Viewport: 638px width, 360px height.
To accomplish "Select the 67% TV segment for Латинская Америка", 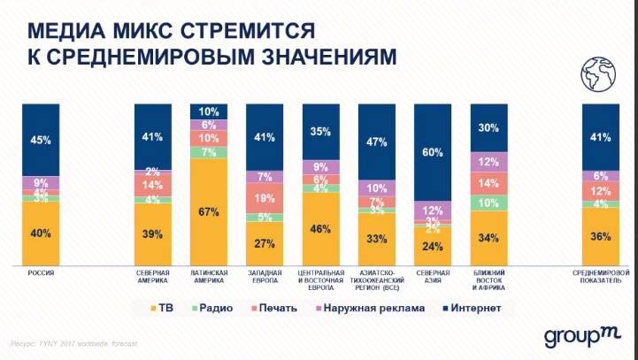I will [210, 212].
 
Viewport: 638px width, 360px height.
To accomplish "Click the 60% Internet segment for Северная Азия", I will [433, 153].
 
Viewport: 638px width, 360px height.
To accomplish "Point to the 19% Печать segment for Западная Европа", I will [265, 198].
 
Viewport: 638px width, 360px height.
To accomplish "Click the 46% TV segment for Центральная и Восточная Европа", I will [321, 228].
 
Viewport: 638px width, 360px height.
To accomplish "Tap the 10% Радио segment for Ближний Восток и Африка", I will [489, 203].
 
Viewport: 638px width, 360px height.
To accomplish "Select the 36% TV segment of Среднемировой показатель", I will [602, 236].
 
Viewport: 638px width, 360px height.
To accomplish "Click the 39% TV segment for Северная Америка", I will [153, 234].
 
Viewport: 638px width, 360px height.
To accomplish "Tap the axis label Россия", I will [41, 273].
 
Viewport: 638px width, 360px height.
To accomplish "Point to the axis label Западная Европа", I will [265, 277].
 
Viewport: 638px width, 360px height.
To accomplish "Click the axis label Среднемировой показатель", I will [602, 277].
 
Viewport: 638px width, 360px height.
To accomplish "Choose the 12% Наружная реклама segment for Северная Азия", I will [433, 210].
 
